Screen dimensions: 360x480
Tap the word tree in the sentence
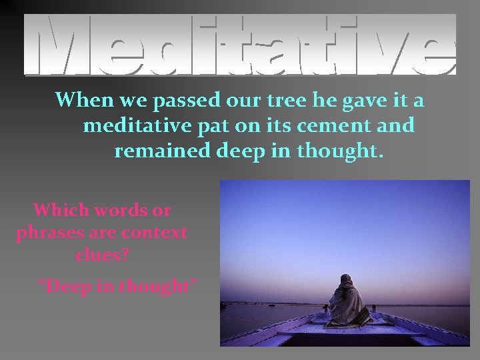click(281, 101)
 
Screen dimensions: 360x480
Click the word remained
click(163, 151)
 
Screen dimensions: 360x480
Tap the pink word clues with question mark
click(102, 255)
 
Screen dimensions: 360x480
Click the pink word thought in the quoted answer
click(160, 287)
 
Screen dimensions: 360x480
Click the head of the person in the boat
click(346, 281)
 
